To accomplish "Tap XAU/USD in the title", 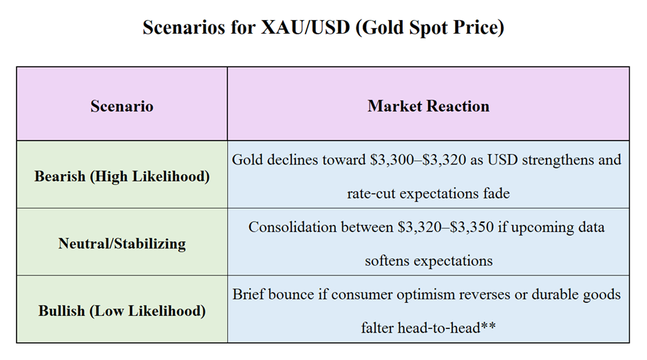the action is coord(306,28).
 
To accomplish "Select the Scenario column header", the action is coord(122,106).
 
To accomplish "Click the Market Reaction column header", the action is coord(428,106).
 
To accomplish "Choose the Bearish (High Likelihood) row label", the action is coord(122,176).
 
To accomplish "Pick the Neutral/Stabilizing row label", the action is coord(122,244).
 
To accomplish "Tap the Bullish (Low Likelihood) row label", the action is coord(122,311).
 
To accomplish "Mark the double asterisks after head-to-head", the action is coord(488,326).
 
